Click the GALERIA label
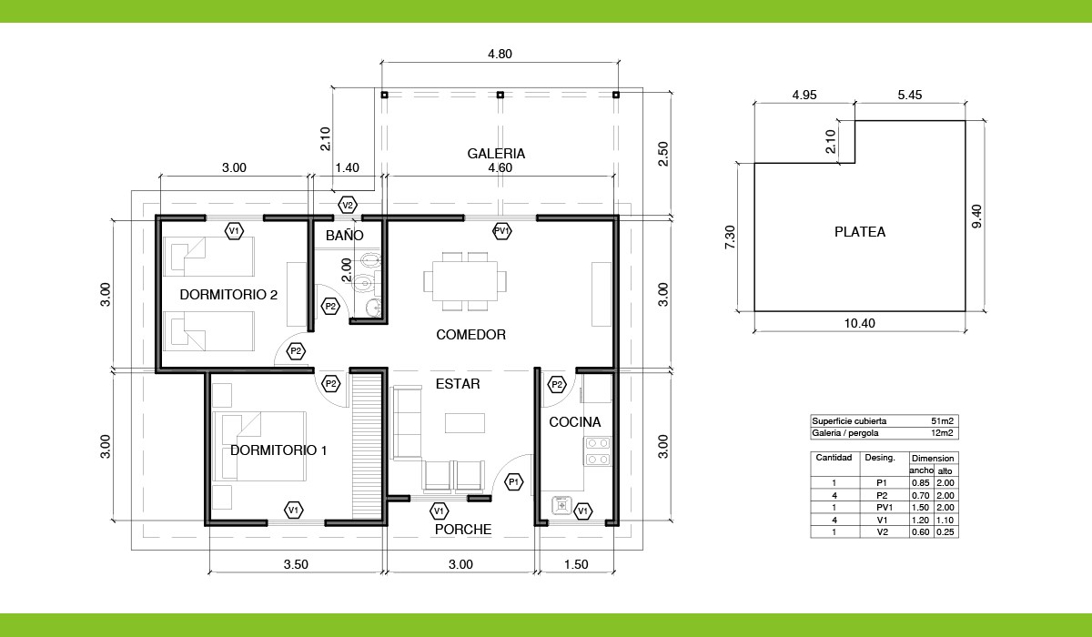(496, 154)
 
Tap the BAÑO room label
(344, 235)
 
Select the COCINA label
(575, 422)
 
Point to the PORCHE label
(462, 530)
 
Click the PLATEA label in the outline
(860, 232)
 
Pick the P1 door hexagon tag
(514, 482)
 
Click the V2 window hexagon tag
(348, 205)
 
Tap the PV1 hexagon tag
(501, 231)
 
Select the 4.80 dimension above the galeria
(500, 54)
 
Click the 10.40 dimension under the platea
(859, 323)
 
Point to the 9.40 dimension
(977, 216)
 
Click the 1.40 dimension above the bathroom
(347, 167)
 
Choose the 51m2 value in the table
(942, 421)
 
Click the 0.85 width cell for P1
(920, 483)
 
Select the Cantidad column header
(834, 458)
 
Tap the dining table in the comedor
(465, 281)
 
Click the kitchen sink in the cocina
(561, 505)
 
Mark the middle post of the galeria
(500, 95)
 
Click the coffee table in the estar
(465, 422)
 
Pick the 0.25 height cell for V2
(945, 532)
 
